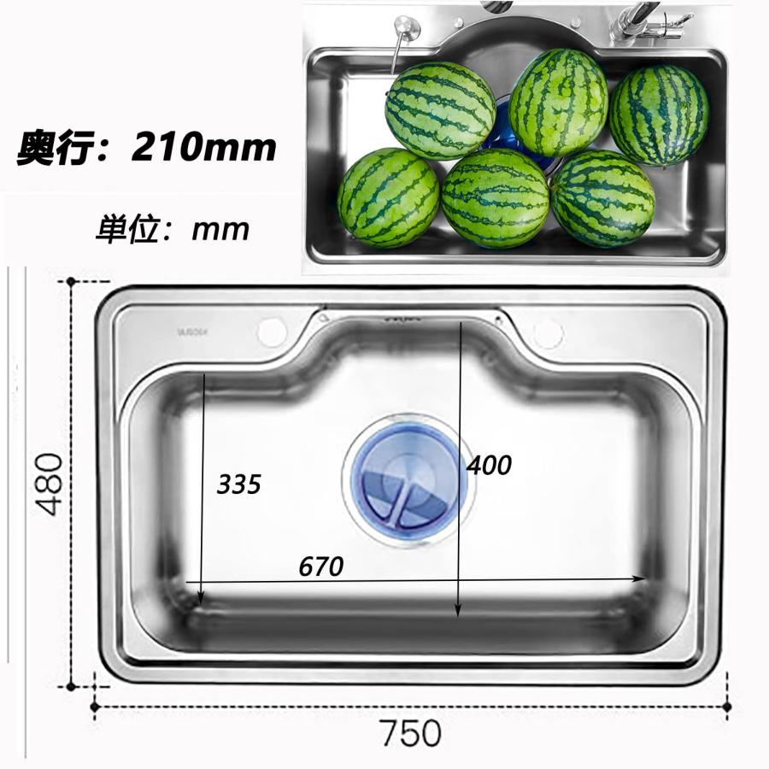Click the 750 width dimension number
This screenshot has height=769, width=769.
411,733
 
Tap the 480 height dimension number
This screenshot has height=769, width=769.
50,484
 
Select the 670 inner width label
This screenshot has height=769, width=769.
320,566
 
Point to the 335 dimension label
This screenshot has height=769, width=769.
238,485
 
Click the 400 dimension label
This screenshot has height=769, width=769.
489,466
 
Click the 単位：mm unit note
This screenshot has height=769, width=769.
173,229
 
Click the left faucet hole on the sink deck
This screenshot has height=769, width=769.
271,332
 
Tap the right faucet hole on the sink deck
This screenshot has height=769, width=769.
548,333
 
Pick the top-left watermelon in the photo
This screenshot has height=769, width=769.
439,110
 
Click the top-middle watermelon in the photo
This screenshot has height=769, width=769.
558,102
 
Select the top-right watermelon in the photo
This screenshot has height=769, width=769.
658,115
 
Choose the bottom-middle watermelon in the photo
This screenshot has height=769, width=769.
495,198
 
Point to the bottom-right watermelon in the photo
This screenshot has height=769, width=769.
602,198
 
